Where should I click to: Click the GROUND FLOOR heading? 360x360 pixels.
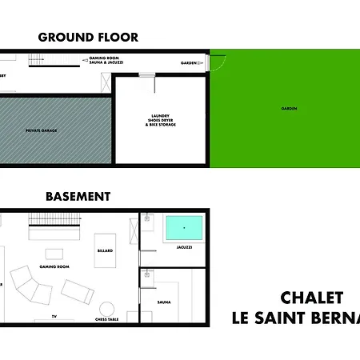(88, 37)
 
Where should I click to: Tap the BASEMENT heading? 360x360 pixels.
(78, 196)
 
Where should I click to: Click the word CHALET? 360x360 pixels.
(312, 298)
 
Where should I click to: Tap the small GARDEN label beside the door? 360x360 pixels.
(189, 62)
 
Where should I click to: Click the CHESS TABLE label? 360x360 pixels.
(106, 320)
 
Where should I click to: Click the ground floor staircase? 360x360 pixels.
(38, 58)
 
